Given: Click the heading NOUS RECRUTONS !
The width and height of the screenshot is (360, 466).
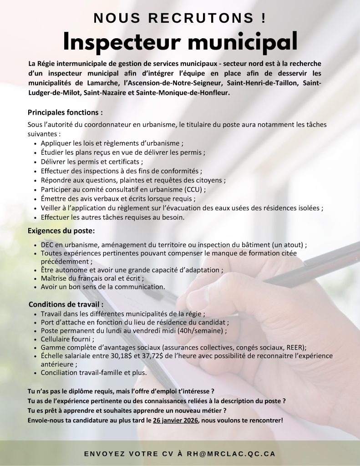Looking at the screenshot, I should click(x=180, y=18).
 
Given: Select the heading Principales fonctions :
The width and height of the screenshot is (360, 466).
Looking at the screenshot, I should click(x=65, y=112).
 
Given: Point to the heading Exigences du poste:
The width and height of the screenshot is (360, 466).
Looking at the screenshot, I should click(x=61, y=231).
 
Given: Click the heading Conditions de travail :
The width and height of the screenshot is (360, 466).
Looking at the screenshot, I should click(x=66, y=304).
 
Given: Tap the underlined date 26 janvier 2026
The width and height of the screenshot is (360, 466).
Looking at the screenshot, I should click(x=176, y=420).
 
